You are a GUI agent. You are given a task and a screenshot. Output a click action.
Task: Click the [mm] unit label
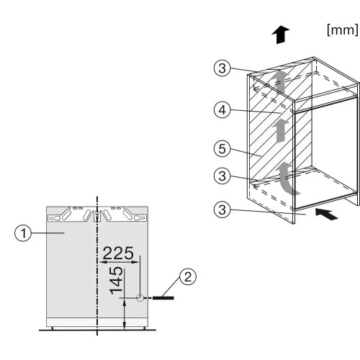tap(343, 30)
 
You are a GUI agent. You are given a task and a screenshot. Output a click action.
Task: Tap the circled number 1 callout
tap(23, 233)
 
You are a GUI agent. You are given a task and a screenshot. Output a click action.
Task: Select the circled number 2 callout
tap(188, 276)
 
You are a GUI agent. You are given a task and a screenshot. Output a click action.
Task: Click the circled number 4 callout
tap(222, 110)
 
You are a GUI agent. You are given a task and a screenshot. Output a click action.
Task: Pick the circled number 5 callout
tap(222, 148)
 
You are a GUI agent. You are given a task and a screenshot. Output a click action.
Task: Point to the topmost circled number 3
tap(222, 68)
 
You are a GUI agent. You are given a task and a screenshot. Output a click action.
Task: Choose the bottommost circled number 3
tap(222, 210)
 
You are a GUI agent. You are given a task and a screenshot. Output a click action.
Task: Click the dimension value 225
tap(118, 253)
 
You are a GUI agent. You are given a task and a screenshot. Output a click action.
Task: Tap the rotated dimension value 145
tap(116, 280)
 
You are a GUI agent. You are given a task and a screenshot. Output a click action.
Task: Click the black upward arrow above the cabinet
tap(281, 35)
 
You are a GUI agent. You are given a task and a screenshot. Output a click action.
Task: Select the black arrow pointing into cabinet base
tap(326, 214)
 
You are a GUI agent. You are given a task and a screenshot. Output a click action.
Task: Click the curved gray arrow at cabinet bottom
tap(287, 179)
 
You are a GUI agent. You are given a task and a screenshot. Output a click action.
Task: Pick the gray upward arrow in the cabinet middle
tap(282, 131)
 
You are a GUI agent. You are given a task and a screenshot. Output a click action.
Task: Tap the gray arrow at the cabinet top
tap(282, 81)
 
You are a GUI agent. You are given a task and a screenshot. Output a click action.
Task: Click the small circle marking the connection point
tap(140, 298)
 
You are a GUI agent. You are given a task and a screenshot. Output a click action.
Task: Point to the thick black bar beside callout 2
tap(163, 298)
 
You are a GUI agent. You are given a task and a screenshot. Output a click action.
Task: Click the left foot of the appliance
tap(53, 328)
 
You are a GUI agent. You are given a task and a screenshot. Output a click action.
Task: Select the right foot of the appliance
tap(145, 328)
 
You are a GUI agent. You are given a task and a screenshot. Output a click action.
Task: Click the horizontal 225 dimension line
tap(120, 262)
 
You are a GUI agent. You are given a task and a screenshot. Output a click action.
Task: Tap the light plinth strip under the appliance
tap(97, 323)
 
